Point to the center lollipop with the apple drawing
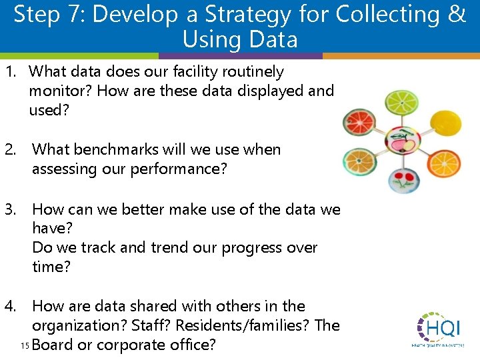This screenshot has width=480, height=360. click(x=401, y=141)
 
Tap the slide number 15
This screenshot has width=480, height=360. click(x=25, y=345)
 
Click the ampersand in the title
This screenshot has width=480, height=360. click(x=457, y=14)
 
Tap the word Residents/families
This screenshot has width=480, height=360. click(x=245, y=325)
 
